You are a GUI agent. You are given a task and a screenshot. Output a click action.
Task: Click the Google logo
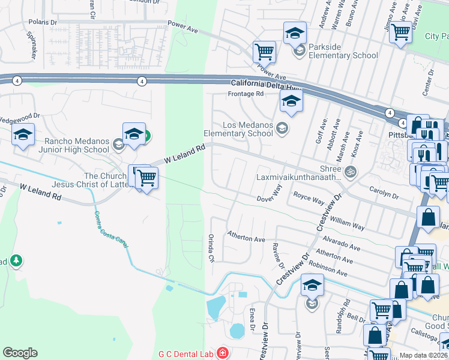20,353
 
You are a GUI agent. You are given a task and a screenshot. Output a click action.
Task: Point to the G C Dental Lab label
185,353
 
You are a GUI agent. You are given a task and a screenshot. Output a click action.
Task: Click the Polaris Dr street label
43,22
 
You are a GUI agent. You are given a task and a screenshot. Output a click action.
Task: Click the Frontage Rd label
246,94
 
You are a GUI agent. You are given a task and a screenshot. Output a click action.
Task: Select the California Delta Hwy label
265,85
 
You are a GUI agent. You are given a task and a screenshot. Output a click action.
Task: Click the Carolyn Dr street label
384,196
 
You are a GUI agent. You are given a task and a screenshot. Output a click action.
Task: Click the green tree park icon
16,260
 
